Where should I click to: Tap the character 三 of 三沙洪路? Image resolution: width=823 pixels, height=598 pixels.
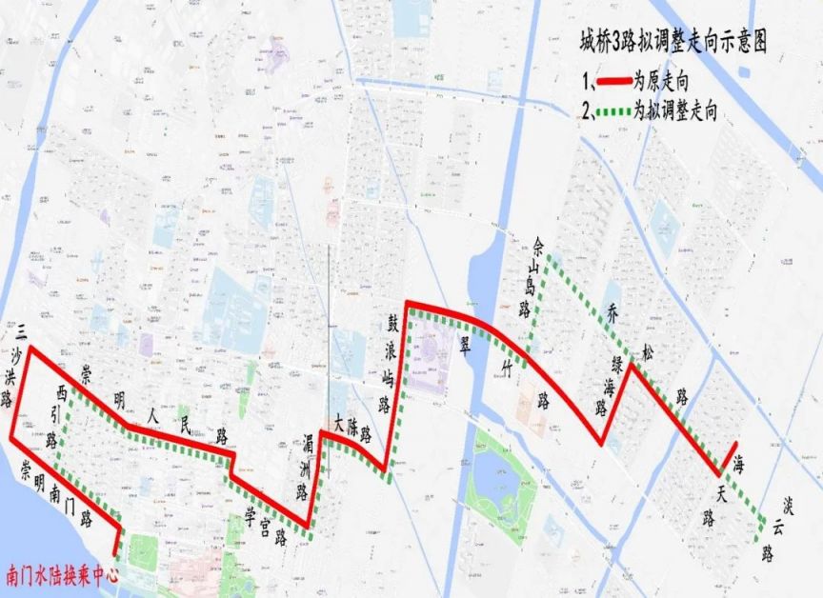point(17,330)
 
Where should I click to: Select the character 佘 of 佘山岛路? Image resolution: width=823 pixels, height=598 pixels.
point(542,245)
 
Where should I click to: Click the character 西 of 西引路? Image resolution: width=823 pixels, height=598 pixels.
point(64,391)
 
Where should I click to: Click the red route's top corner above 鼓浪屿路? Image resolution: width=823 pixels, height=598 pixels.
point(408,304)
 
